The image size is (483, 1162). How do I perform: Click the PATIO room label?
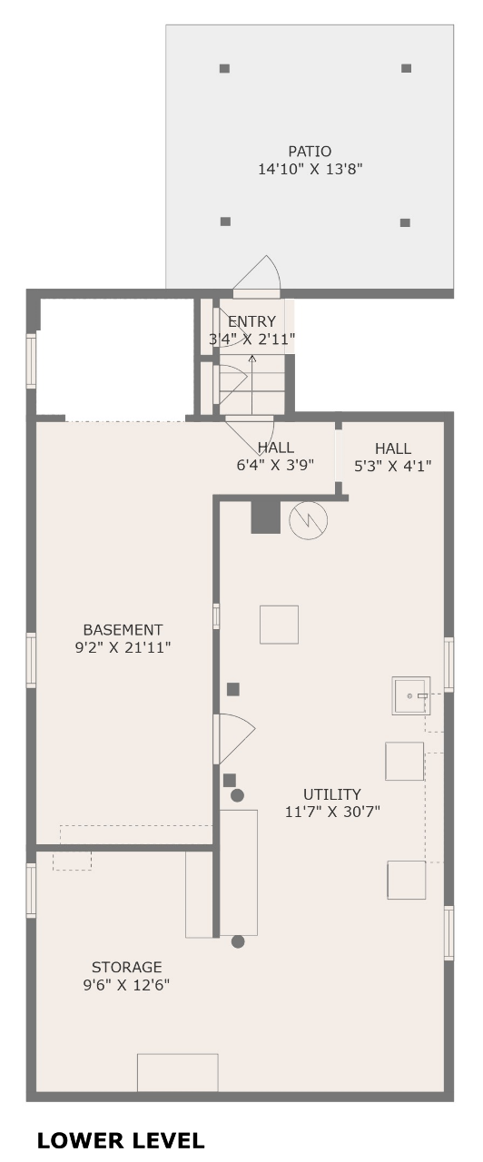tap(310, 152)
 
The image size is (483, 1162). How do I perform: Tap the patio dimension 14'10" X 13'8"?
tap(310, 169)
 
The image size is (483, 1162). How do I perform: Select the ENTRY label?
tap(251, 321)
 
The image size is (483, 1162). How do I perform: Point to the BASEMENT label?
tap(123, 630)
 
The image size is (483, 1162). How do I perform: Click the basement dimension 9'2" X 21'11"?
tap(123, 647)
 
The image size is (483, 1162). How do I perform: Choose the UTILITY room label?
tap(332, 794)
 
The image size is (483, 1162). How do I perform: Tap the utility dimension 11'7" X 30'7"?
tap(332, 812)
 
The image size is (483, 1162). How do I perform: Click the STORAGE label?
tap(126, 967)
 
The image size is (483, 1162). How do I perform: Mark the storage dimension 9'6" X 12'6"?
tap(126, 985)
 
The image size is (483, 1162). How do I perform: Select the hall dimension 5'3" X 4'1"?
tap(393, 466)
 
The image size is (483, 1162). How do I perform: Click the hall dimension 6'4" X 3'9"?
tap(275, 465)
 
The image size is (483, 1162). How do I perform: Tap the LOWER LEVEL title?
tap(121, 1141)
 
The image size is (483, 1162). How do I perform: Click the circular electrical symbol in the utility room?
tap(308, 520)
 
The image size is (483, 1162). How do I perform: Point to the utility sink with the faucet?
tap(411, 695)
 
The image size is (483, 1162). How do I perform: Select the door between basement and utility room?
tap(234, 739)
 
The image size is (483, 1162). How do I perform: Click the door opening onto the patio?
tap(256, 277)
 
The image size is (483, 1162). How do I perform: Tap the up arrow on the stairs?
tap(252, 384)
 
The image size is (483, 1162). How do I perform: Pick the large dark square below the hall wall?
tap(266, 517)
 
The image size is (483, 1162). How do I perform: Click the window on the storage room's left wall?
tap(31, 891)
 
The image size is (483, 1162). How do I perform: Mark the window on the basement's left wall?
tap(31, 660)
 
